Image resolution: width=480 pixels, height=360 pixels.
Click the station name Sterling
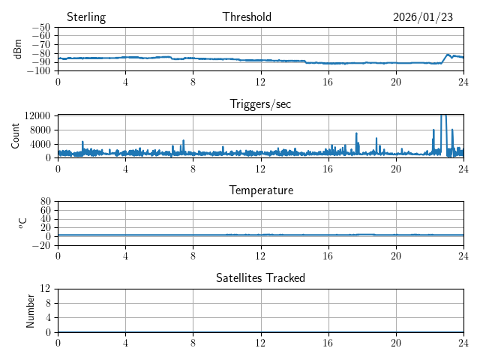point(85,17)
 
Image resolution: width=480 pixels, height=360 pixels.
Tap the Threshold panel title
point(247,17)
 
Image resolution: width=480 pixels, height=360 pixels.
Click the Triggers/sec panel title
point(260,104)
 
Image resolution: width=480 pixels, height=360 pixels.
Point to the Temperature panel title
point(260,190)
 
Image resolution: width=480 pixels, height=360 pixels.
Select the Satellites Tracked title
point(260,277)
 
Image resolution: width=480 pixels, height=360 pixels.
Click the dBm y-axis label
point(18,49)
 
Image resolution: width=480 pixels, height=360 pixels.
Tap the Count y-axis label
point(16,136)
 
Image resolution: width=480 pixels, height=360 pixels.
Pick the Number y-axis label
point(30,310)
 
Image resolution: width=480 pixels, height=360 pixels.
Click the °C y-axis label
point(23,223)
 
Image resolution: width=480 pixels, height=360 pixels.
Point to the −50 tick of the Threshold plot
point(40,28)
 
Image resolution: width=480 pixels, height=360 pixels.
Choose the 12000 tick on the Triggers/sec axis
point(36,115)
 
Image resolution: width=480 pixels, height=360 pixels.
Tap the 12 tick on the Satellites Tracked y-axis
point(45,289)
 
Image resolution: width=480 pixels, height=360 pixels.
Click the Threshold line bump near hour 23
point(448,55)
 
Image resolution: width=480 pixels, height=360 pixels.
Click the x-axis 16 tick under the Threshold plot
point(328,82)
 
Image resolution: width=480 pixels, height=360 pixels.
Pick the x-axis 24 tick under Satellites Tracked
point(463,343)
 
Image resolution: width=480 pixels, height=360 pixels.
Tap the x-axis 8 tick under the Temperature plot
point(193,256)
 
